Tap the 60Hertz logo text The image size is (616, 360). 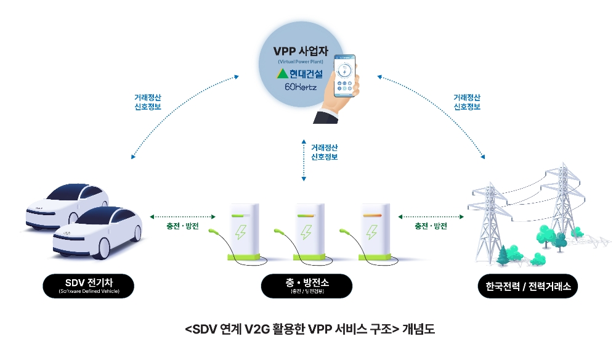coord(300,88)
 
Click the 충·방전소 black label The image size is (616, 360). coord(307,285)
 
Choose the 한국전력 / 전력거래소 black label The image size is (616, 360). coord(528,286)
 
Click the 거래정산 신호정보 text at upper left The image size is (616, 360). coord(148,102)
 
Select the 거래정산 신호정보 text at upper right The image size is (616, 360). coord(467,102)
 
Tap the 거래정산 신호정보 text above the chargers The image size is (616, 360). coord(324,152)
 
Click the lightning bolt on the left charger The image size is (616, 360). coord(239,232)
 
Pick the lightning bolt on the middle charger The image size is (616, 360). coord(306,232)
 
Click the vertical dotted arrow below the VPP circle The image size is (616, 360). coord(304,160)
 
